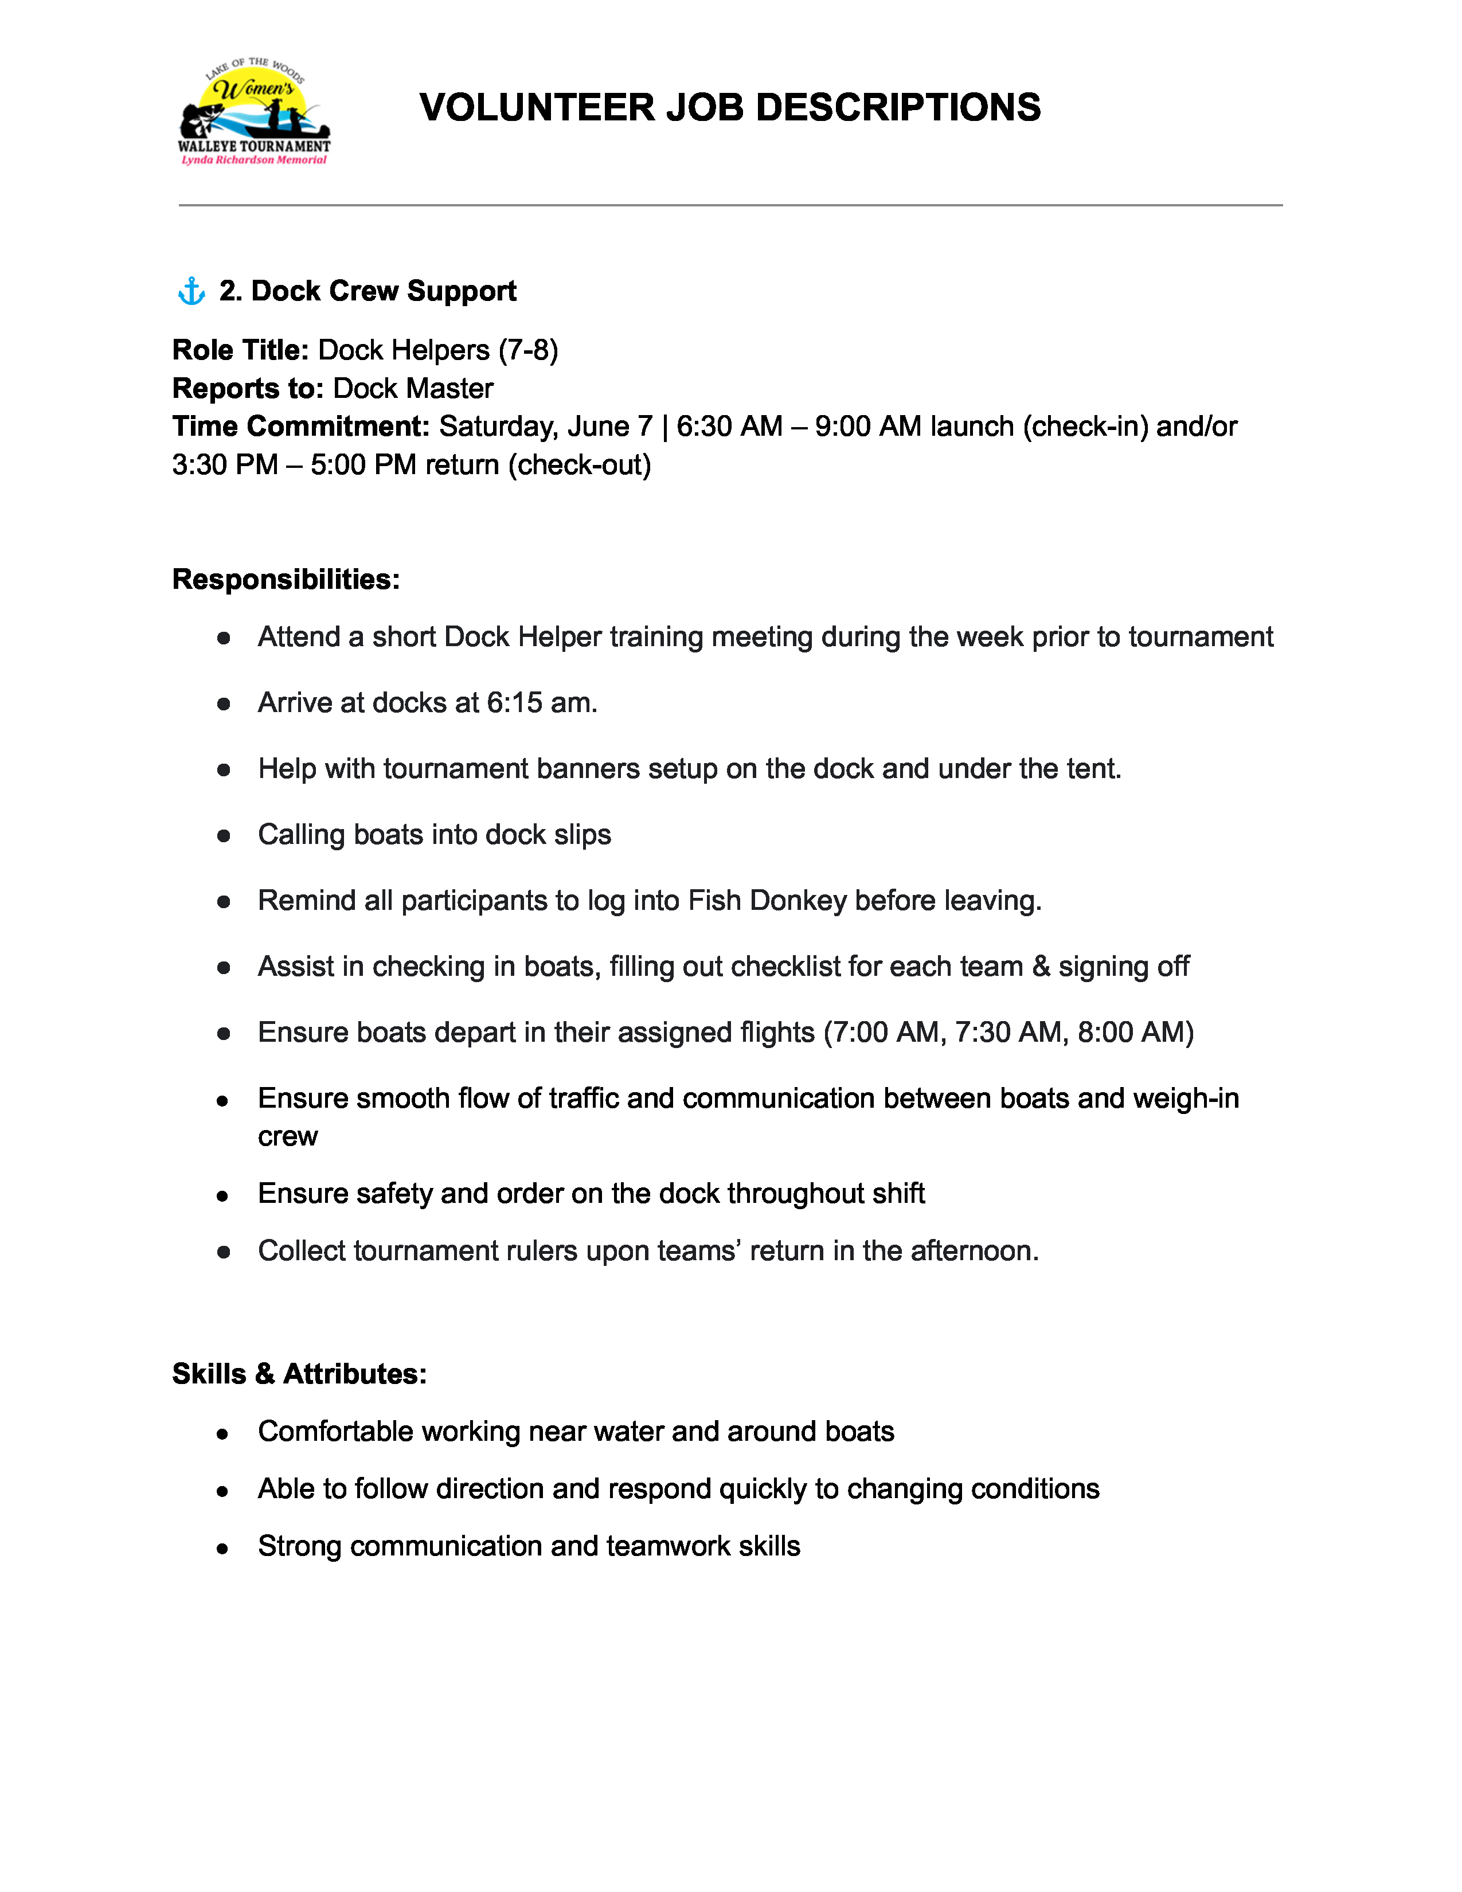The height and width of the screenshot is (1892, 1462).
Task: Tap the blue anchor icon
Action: pos(191,291)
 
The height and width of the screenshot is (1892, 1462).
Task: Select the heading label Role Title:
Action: pos(240,350)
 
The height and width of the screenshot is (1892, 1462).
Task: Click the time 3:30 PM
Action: pos(224,465)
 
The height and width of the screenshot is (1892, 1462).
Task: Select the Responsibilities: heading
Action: pos(286,578)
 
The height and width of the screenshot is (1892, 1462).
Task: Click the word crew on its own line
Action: pos(288,1136)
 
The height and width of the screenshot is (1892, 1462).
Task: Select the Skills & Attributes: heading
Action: pos(299,1374)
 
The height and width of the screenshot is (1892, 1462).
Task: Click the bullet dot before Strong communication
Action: pos(222,1548)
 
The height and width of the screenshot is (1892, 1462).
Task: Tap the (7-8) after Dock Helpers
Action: pos(527,350)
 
